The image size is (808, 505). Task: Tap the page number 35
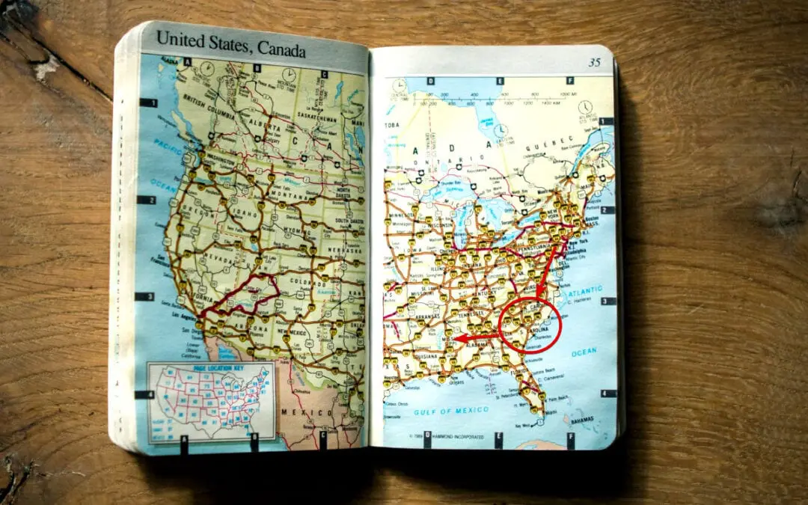coord(594,63)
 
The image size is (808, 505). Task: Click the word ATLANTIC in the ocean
coord(587,288)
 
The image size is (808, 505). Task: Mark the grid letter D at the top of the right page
coord(427,81)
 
